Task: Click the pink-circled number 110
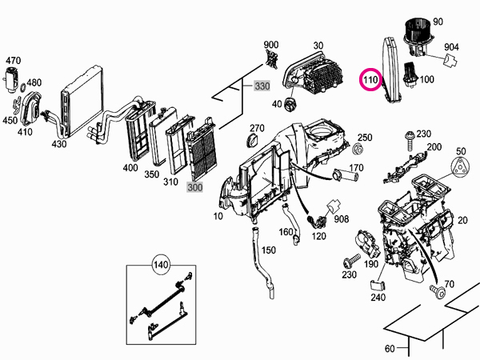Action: [371, 80]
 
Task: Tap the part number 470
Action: [14, 60]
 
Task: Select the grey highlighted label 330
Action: [263, 86]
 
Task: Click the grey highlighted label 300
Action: [195, 187]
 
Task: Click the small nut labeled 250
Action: [358, 150]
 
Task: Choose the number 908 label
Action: [342, 218]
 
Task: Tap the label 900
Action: [271, 45]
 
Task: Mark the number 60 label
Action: [390, 349]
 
